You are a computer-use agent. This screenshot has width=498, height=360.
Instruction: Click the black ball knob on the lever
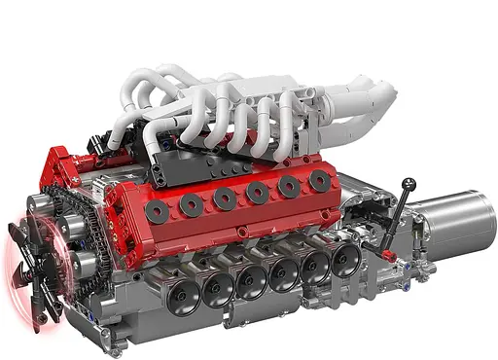click(x=409, y=182)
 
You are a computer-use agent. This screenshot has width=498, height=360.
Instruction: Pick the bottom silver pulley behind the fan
click(x=86, y=262)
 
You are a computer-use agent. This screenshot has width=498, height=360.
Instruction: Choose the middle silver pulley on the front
click(x=70, y=229)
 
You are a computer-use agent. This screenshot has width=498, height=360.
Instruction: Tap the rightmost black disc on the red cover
click(x=319, y=181)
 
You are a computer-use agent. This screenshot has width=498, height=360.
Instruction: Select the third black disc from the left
click(x=226, y=198)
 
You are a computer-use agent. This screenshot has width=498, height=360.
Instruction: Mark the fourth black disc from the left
click(x=258, y=193)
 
